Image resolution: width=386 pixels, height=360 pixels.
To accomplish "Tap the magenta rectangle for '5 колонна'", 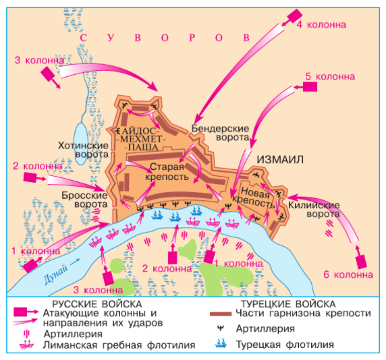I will point(310,87).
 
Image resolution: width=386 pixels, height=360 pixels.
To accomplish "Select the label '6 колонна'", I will point(350,275).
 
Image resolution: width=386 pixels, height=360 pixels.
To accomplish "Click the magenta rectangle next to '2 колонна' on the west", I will point(31,178).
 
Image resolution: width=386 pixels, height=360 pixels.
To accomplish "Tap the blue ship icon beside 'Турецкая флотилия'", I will point(221,344).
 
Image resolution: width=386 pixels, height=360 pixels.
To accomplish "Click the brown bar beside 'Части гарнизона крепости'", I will point(221,313).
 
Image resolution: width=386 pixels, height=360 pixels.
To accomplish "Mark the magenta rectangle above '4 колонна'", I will point(294,15).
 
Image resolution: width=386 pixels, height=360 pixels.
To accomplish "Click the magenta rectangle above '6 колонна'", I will point(361,260).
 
